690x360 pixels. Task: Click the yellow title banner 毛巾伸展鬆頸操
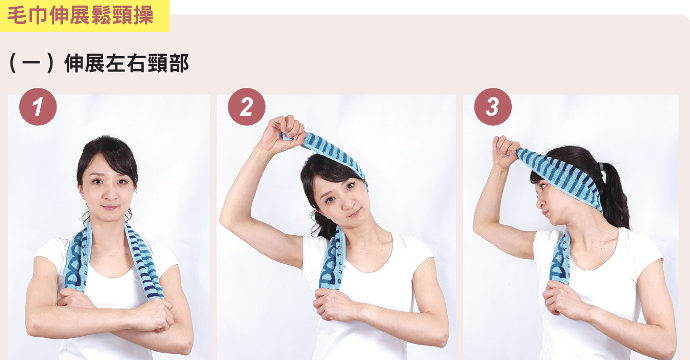click(x=84, y=16)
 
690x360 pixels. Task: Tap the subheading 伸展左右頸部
click(x=127, y=64)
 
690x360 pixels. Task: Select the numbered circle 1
click(x=38, y=107)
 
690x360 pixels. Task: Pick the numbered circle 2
click(x=246, y=107)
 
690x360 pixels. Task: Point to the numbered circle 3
click(x=493, y=107)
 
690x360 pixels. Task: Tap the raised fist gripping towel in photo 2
click(x=282, y=133)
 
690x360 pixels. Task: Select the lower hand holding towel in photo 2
click(x=334, y=305)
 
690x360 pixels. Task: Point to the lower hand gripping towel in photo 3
click(x=561, y=300)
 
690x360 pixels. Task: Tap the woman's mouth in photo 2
click(x=353, y=213)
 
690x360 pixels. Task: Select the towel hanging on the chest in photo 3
click(x=560, y=260)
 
